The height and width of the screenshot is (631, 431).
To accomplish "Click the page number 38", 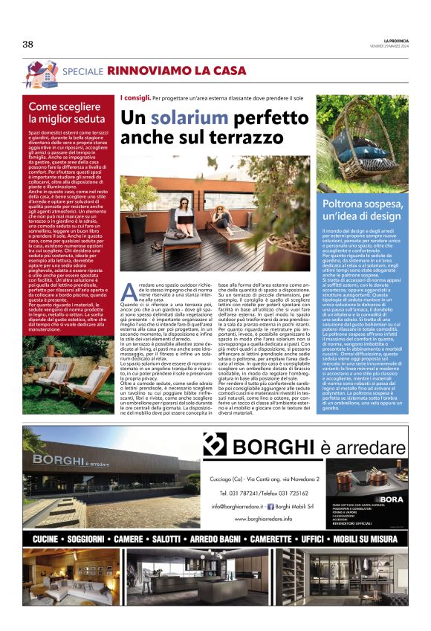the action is (x=28, y=45).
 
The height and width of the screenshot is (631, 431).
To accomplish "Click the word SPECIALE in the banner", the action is (x=83, y=71).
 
